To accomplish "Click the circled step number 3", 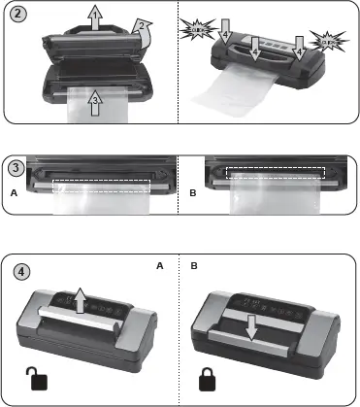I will (x=15, y=166).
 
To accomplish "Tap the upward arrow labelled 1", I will (x=92, y=17).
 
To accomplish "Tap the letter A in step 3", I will (x=14, y=194).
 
